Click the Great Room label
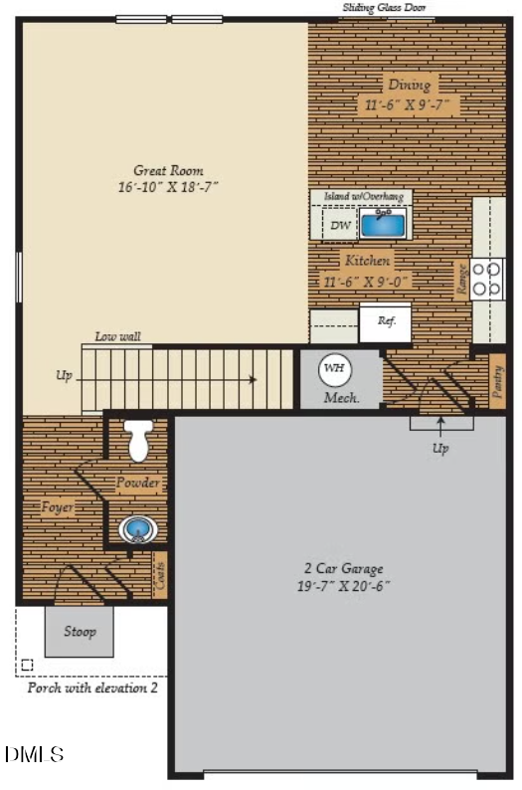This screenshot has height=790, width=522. pyautogui.click(x=164, y=169)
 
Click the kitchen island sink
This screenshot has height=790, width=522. pyautogui.click(x=382, y=224)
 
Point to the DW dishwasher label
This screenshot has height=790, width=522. pyautogui.click(x=339, y=226)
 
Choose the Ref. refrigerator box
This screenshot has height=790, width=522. pyautogui.click(x=386, y=321)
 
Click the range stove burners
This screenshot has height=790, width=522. pyautogui.click(x=487, y=279)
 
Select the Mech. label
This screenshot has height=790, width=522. pyautogui.click(x=341, y=398)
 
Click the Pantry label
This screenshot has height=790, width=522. pyautogui.click(x=496, y=383)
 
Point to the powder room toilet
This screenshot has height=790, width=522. pyautogui.click(x=137, y=440)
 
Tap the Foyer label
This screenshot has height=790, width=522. pyautogui.click(x=57, y=506)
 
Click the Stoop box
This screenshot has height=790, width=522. pyautogui.click(x=80, y=632)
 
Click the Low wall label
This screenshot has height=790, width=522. pyautogui.click(x=117, y=336)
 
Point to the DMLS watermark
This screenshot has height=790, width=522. pyautogui.click(x=35, y=755)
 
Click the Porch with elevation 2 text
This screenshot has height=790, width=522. pyautogui.click(x=91, y=688)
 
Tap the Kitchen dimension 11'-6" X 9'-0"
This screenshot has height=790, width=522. pyautogui.click(x=367, y=281)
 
